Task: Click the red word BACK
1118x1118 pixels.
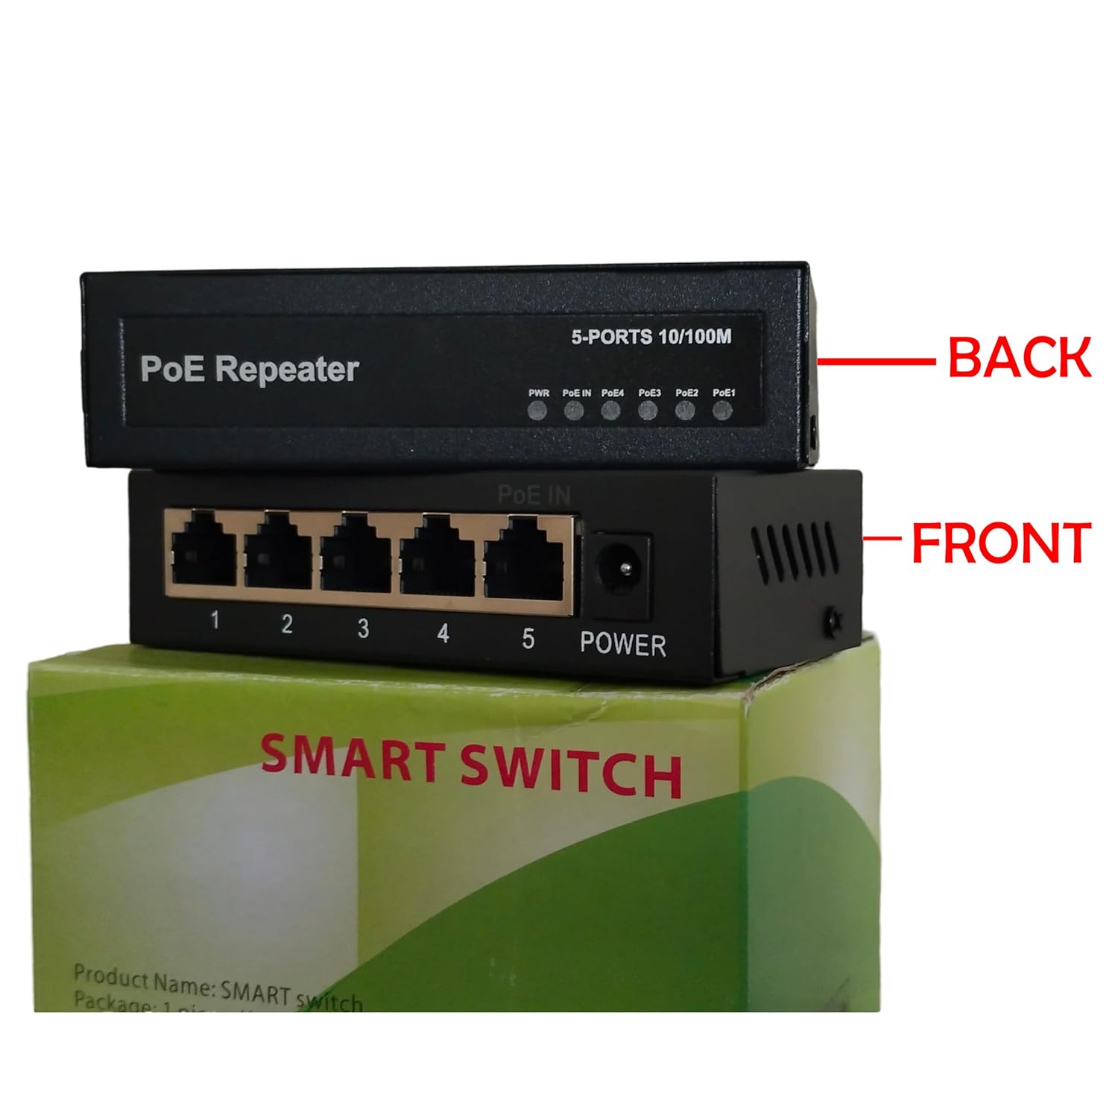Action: [x=1018, y=357]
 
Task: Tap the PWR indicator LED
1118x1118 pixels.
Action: [x=537, y=410]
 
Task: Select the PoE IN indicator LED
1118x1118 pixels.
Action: [x=574, y=410]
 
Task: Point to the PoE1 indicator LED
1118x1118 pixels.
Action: [x=721, y=410]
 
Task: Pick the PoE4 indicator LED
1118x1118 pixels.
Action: [x=611, y=410]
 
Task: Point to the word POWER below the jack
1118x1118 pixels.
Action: [x=622, y=644]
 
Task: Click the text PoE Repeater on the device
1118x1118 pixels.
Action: [x=250, y=369]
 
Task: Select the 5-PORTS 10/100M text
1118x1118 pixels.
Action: [x=651, y=337]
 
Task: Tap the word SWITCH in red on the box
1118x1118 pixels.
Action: [x=570, y=771]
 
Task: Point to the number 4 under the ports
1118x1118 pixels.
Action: [x=443, y=634]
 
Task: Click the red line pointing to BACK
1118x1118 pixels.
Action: [x=877, y=362]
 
